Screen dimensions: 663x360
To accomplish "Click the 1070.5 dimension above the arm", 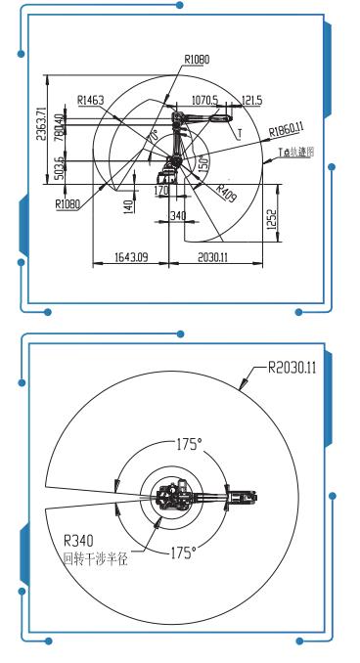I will point(204,99).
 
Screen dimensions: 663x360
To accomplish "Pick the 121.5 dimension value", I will point(251,99).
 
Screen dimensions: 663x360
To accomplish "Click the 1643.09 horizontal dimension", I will point(130,258).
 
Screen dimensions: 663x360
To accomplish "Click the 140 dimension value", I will point(127,207).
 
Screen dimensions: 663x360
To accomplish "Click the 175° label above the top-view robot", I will point(188,444).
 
